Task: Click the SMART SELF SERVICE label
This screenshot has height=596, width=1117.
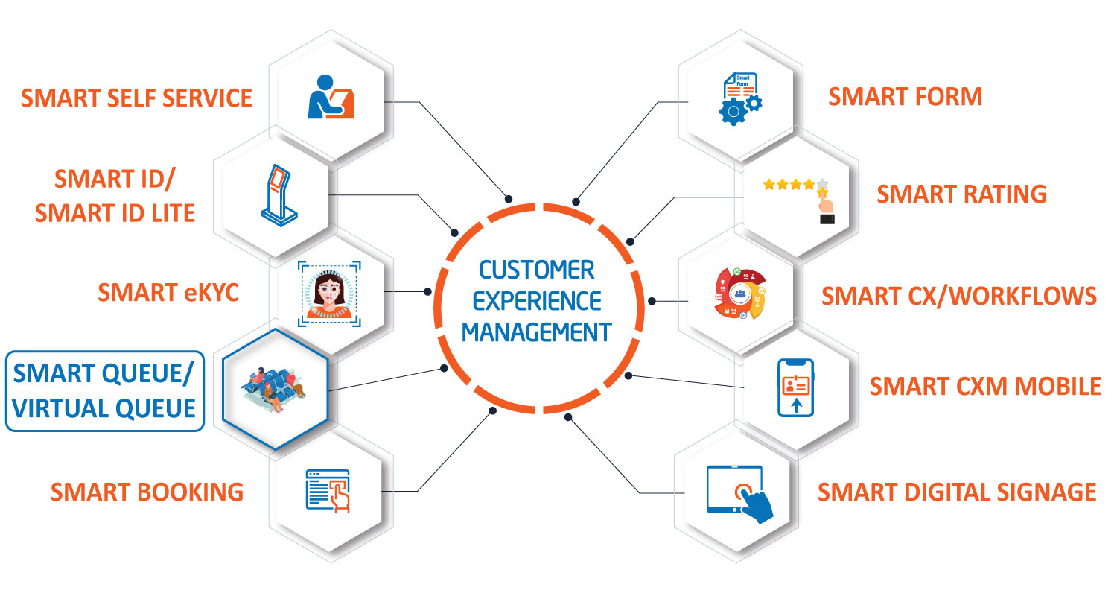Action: point(136,98)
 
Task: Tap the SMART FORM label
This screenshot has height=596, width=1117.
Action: point(905,97)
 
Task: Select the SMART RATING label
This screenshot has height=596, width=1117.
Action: point(961,194)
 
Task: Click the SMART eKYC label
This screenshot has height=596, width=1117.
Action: point(168,293)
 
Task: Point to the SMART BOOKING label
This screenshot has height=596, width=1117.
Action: point(147,492)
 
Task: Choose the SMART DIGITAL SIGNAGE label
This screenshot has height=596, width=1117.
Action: point(957,492)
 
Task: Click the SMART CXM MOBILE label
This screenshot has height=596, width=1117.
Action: point(985,387)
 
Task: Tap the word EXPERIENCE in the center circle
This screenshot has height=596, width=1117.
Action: point(537,301)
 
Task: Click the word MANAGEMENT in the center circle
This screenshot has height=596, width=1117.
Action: point(537,333)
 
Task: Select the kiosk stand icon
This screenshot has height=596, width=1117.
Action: point(280,195)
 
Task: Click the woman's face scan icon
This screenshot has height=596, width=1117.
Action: point(329,294)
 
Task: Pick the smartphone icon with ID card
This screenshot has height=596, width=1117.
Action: point(796,387)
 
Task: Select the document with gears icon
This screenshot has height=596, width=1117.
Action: point(740,99)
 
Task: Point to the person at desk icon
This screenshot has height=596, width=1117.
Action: point(331,97)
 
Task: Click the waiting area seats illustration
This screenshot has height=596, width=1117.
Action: point(274,390)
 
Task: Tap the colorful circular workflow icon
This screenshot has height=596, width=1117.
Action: point(740,294)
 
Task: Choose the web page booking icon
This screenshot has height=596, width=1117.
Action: point(328,491)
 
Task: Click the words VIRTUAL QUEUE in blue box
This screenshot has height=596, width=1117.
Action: point(104,408)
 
